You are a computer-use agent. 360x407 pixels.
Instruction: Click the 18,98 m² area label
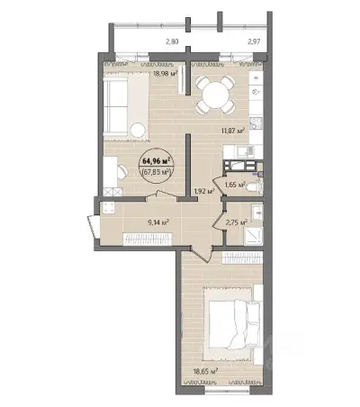point(166,73)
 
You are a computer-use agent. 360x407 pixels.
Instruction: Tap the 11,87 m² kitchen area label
point(233,131)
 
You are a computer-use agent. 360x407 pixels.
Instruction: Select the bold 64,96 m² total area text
point(157,161)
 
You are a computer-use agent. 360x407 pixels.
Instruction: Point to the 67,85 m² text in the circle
point(157,173)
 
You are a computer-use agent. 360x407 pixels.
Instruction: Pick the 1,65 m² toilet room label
point(235,185)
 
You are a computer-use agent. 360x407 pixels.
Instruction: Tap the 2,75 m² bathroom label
point(237,222)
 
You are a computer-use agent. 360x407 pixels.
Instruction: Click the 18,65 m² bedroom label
point(205,372)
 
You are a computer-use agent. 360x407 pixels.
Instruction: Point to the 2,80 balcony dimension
point(172,41)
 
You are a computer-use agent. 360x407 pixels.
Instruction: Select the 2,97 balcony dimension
point(254,41)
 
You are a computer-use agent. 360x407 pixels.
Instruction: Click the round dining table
point(216,95)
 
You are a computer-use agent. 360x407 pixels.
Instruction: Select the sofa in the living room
point(115,106)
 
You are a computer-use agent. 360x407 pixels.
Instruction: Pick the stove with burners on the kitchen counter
point(256,123)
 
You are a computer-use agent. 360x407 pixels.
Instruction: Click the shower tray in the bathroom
point(254,236)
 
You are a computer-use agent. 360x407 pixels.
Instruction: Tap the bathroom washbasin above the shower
point(257,213)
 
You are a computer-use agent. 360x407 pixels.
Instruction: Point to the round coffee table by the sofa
point(139,130)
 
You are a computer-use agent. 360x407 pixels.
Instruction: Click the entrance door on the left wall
point(94,226)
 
